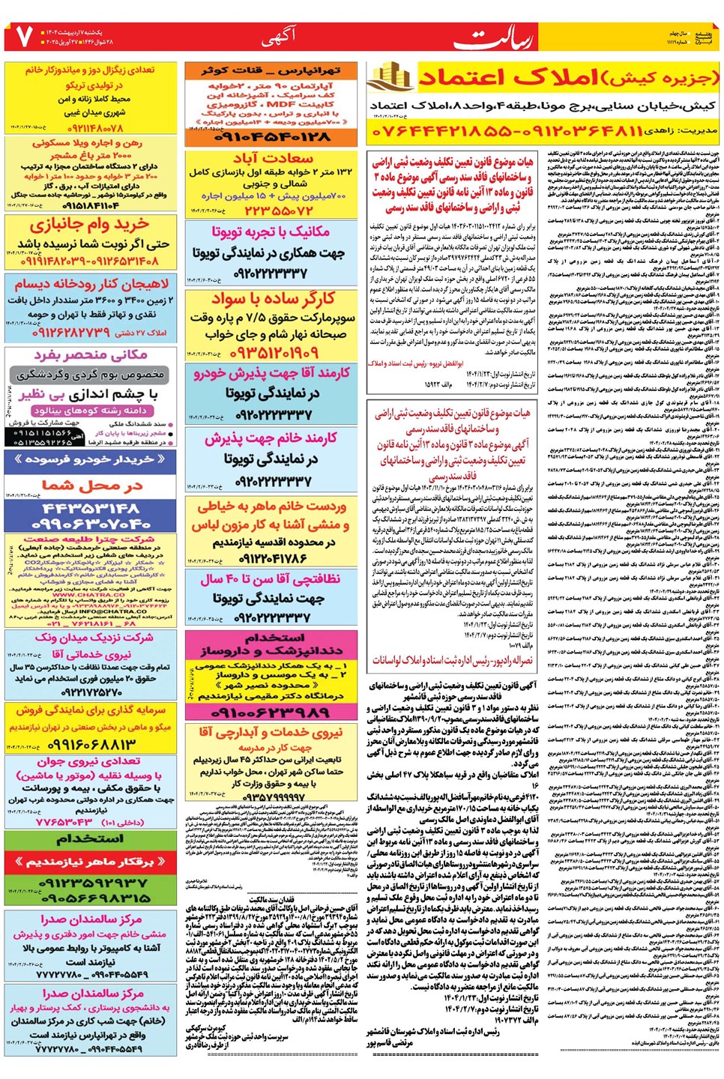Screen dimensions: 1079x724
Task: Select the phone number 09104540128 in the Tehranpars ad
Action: click(272, 138)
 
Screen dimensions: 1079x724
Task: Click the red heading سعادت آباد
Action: click(272, 158)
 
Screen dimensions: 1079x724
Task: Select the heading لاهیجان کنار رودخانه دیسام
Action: click(91, 284)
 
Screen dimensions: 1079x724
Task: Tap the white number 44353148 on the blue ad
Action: click(91, 509)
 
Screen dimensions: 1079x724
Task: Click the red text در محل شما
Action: click(91, 486)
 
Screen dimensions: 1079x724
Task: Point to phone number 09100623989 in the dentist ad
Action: click(272, 713)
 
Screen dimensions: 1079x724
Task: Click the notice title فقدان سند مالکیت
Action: click(271, 899)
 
